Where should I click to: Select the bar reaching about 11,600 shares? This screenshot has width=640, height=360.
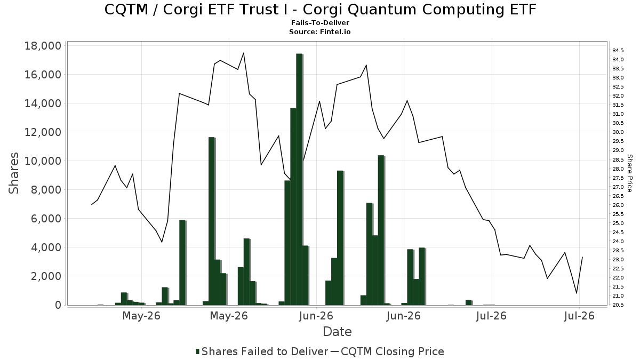tap(211, 221)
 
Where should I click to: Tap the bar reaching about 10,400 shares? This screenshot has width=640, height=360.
tap(381, 230)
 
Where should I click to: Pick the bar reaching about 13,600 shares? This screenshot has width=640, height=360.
tap(293, 206)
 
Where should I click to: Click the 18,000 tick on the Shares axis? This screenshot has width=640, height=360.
tap(43, 46)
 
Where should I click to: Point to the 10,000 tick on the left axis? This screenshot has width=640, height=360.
tap(43, 161)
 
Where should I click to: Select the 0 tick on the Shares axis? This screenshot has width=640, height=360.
tap(58, 305)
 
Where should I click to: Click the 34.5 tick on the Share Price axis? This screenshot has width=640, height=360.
tap(618, 51)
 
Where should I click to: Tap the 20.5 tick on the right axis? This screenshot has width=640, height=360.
tap(618, 305)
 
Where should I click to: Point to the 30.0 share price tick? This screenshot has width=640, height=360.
tap(618, 132)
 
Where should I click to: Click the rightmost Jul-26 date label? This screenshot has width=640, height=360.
tap(579, 316)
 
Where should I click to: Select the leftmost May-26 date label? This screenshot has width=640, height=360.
tap(141, 316)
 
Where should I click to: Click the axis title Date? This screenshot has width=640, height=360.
tap(337, 332)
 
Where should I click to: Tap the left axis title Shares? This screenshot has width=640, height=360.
tap(14, 173)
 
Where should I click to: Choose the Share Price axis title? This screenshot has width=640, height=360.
tap(629, 173)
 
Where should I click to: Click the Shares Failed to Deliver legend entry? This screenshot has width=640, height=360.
tap(262, 351)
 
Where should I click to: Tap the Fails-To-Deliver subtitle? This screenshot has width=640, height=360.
tap(320, 22)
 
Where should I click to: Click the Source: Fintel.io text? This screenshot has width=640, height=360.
tap(320, 31)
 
